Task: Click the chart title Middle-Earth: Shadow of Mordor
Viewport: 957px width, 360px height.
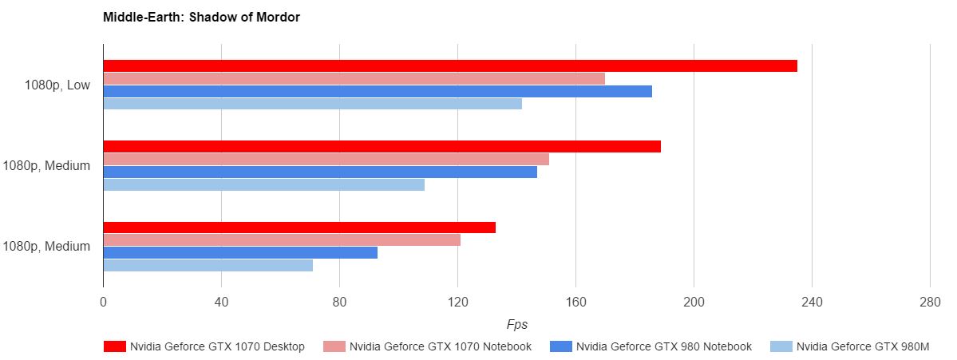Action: [x=201, y=17]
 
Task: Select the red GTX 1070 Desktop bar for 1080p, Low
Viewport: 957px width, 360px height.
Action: [x=449, y=65]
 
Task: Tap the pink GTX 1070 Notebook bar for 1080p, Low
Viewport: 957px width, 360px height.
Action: [x=354, y=78]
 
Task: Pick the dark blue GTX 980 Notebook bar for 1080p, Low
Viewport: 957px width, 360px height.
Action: [x=377, y=91]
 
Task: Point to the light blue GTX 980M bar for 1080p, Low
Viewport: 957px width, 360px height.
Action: [x=312, y=104]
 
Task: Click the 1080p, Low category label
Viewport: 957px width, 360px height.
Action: [x=57, y=85]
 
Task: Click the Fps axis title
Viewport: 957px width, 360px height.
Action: [x=516, y=325]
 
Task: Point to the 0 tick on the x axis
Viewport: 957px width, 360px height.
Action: [x=103, y=303]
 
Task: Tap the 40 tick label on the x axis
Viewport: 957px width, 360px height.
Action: [x=221, y=303]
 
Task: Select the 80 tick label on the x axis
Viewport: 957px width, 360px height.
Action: [x=339, y=303]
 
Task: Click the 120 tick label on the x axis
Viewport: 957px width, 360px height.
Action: [x=457, y=303]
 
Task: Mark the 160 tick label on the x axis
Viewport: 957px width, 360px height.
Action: [x=575, y=303]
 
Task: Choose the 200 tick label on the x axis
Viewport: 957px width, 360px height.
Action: [x=694, y=303]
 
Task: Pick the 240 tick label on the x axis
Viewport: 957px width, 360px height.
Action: [x=812, y=303]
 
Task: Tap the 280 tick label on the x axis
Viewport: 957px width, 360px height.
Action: [x=930, y=303]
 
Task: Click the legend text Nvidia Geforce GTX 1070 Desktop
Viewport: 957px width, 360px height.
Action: [x=217, y=346]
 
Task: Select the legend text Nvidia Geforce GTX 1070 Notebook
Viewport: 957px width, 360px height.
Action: [x=441, y=346]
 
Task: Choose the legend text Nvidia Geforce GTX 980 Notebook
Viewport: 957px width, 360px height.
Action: [x=663, y=346]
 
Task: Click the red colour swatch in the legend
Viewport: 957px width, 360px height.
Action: [x=115, y=346]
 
